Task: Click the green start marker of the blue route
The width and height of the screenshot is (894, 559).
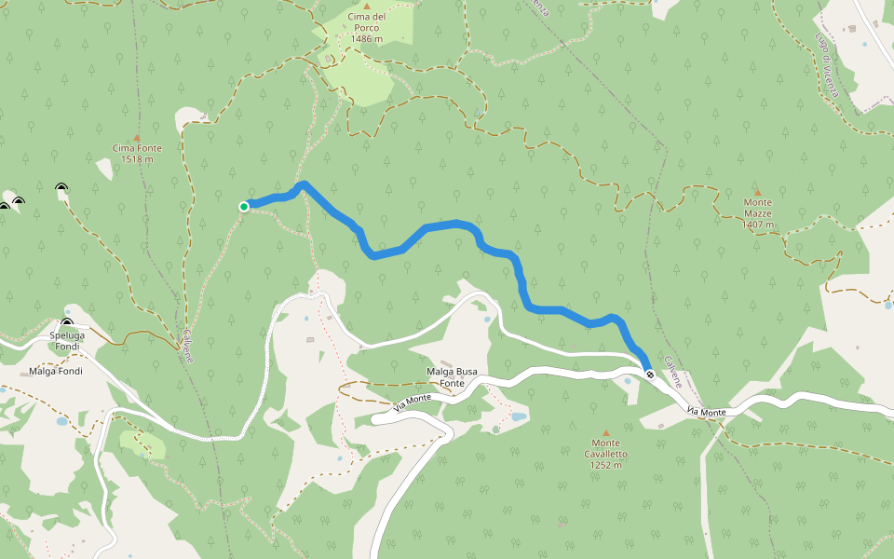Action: pos(244,206)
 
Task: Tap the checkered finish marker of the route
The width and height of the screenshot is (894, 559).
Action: pos(649,375)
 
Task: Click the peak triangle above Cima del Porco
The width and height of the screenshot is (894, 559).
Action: pos(366,6)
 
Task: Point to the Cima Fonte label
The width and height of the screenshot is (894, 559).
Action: pos(137,148)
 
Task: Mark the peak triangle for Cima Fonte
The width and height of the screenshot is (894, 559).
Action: pos(137,136)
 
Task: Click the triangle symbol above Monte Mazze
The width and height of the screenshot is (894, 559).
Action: pos(757,192)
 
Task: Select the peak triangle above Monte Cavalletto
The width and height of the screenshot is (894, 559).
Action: pos(606,433)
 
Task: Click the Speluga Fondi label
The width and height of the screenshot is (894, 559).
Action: pos(68,337)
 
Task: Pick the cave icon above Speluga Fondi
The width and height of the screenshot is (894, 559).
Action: pos(67,323)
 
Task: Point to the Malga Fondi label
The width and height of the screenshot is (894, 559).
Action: pos(56,371)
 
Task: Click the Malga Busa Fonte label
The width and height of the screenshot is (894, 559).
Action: pos(452,377)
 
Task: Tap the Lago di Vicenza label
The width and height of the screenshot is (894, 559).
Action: pos(827,65)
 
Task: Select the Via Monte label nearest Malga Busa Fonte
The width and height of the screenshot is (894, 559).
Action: pos(412,402)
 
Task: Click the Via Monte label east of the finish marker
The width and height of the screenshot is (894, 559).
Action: pos(707,411)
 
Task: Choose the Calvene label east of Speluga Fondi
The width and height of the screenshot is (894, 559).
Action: pos(188,346)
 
